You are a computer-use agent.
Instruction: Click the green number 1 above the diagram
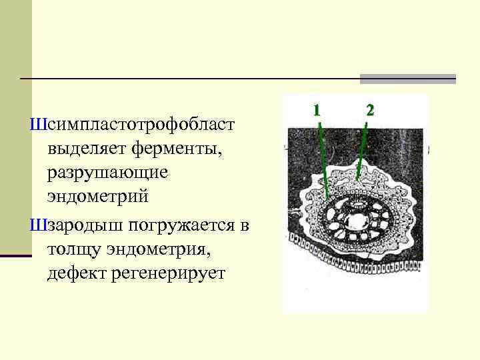point(317,109)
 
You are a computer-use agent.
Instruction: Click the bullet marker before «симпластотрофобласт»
point(36,125)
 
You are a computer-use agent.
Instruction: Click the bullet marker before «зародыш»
point(36,225)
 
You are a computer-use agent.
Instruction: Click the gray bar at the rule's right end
point(408,79)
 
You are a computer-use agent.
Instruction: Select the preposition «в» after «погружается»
point(245,225)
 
